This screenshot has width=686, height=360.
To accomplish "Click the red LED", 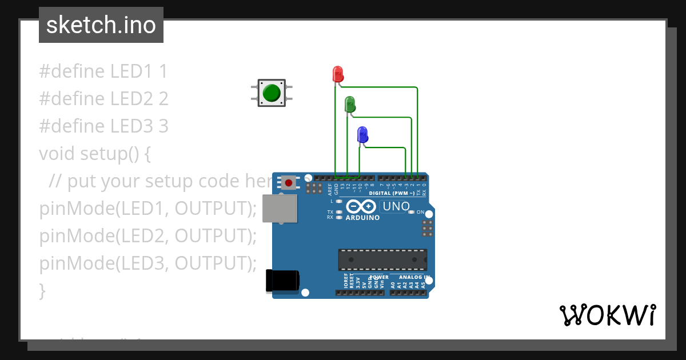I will click(x=338, y=74).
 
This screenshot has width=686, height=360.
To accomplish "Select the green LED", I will click(x=350, y=105).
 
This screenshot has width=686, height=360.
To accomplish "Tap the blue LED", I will click(x=362, y=135).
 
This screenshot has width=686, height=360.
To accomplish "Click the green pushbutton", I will click(x=272, y=93).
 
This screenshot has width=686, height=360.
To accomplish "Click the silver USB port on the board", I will click(x=280, y=208).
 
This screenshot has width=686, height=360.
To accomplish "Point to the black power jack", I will click(x=282, y=281).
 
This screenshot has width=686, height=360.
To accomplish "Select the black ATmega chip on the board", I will click(x=382, y=259).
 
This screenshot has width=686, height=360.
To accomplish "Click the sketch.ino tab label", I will click(x=101, y=25).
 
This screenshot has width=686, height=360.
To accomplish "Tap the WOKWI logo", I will click(x=607, y=315).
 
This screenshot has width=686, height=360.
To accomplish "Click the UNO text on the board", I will click(x=396, y=206).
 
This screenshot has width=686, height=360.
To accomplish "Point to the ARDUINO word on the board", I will click(x=362, y=218).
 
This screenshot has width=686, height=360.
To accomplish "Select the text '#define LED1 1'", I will click(x=103, y=72).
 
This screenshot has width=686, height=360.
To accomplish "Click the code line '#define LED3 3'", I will click(x=103, y=126).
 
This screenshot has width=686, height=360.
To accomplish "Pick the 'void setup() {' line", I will click(x=94, y=153).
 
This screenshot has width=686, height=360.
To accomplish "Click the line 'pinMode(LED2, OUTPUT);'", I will click(x=148, y=235).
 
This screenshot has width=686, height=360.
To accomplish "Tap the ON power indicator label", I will click(x=421, y=212).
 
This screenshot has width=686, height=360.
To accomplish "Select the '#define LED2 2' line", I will click(x=103, y=99).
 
